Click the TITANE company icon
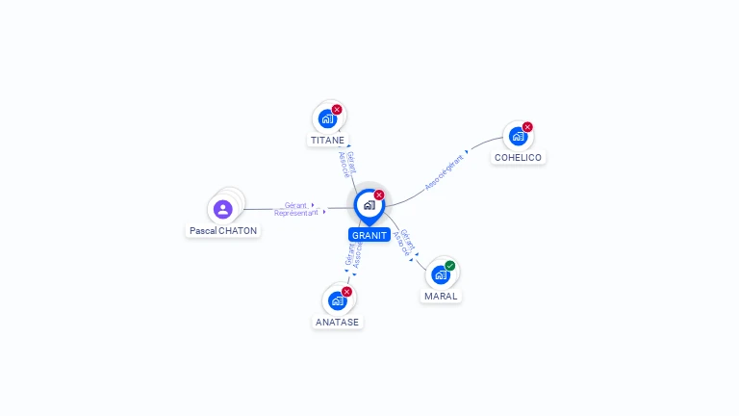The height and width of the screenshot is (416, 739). [x=327, y=119]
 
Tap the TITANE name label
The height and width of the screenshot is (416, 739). [x=327, y=141]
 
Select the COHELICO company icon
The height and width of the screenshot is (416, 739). [x=518, y=137]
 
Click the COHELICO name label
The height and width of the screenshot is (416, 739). [x=518, y=158]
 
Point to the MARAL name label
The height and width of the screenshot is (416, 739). [x=441, y=296]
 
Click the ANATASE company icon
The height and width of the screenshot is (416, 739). [x=337, y=300]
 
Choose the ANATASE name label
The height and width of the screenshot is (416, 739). [x=338, y=322]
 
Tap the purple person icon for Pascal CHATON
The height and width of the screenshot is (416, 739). [x=223, y=209]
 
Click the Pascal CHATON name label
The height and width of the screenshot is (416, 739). [x=223, y=231]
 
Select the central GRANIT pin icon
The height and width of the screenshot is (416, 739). [x=369, y=205]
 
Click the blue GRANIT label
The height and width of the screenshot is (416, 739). [x=369, y=235]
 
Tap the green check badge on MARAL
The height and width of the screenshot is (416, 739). [x=450, y=266]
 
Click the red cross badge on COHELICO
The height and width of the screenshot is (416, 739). [x=527, y=127]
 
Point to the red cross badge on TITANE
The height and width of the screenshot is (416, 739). [x=337, y=110]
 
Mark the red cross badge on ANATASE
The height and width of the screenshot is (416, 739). [x=346, y=292]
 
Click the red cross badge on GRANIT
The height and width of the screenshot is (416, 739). [x=379, y=195]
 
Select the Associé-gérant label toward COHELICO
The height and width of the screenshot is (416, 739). [x=444, y=170]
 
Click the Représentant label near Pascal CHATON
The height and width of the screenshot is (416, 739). [x=295, y=213]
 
